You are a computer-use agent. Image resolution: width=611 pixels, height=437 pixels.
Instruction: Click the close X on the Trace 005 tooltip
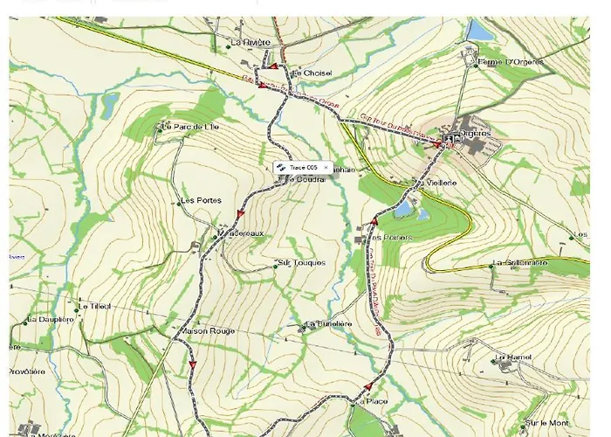(326, 167)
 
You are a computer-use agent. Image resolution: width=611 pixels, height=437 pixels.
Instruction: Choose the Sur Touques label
(300, 262)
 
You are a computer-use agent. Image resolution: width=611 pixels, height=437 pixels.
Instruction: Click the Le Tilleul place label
(95, 306)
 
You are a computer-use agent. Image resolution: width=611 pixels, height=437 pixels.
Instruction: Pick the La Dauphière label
(51, 320)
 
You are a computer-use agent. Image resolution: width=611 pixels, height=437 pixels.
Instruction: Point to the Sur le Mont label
(547, 423)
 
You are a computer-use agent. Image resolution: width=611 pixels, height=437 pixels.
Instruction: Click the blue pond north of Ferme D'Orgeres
(479, 31)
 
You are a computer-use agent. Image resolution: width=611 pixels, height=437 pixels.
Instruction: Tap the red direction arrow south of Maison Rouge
(192, 364)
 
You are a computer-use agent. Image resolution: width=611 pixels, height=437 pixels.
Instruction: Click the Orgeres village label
(477, 133)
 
